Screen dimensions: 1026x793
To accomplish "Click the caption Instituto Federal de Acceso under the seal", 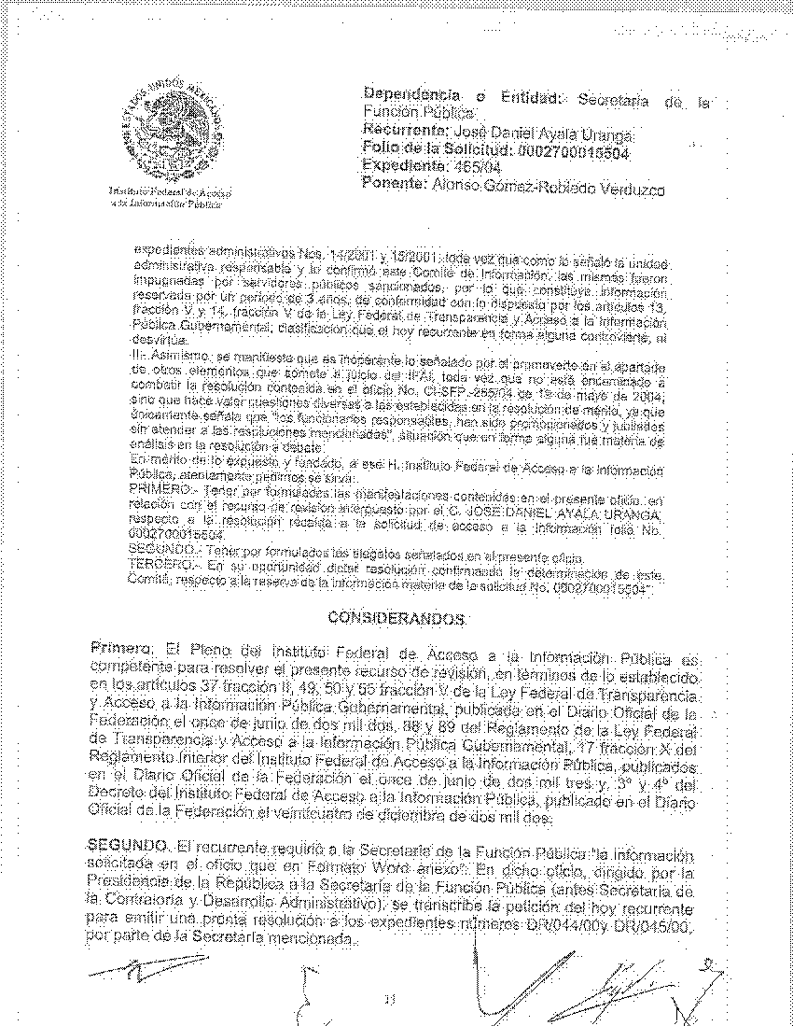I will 170,191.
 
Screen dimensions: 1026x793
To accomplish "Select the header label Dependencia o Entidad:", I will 462,96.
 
